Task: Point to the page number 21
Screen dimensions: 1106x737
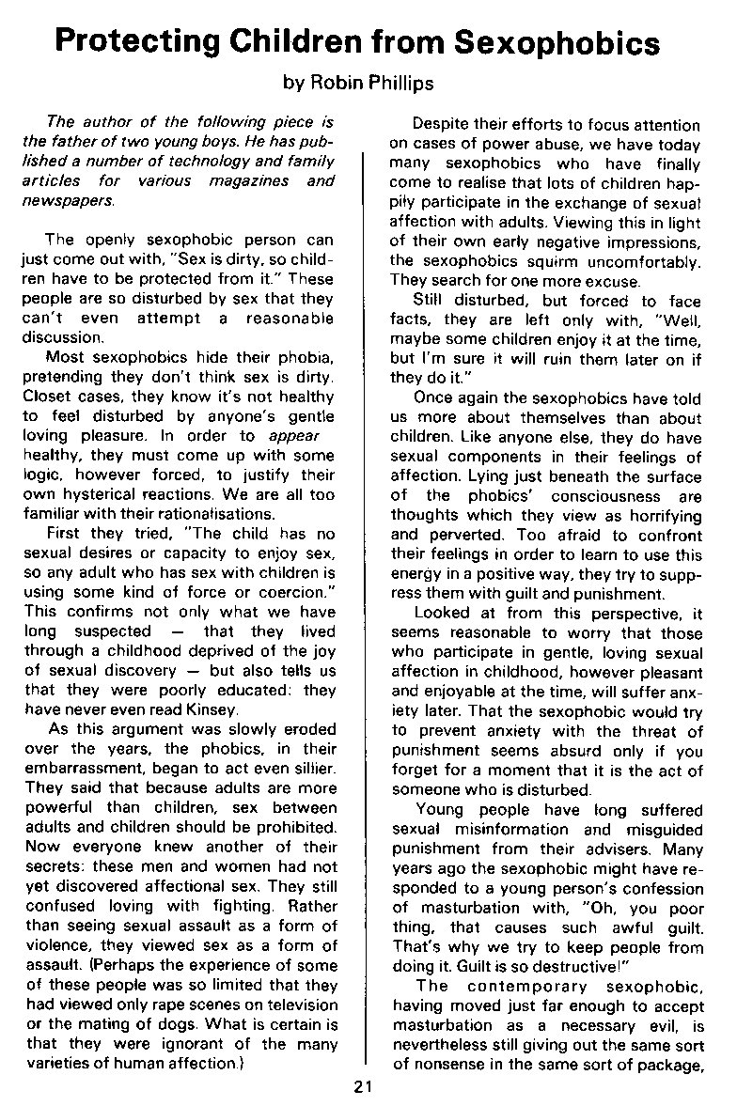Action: (364, 1087)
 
